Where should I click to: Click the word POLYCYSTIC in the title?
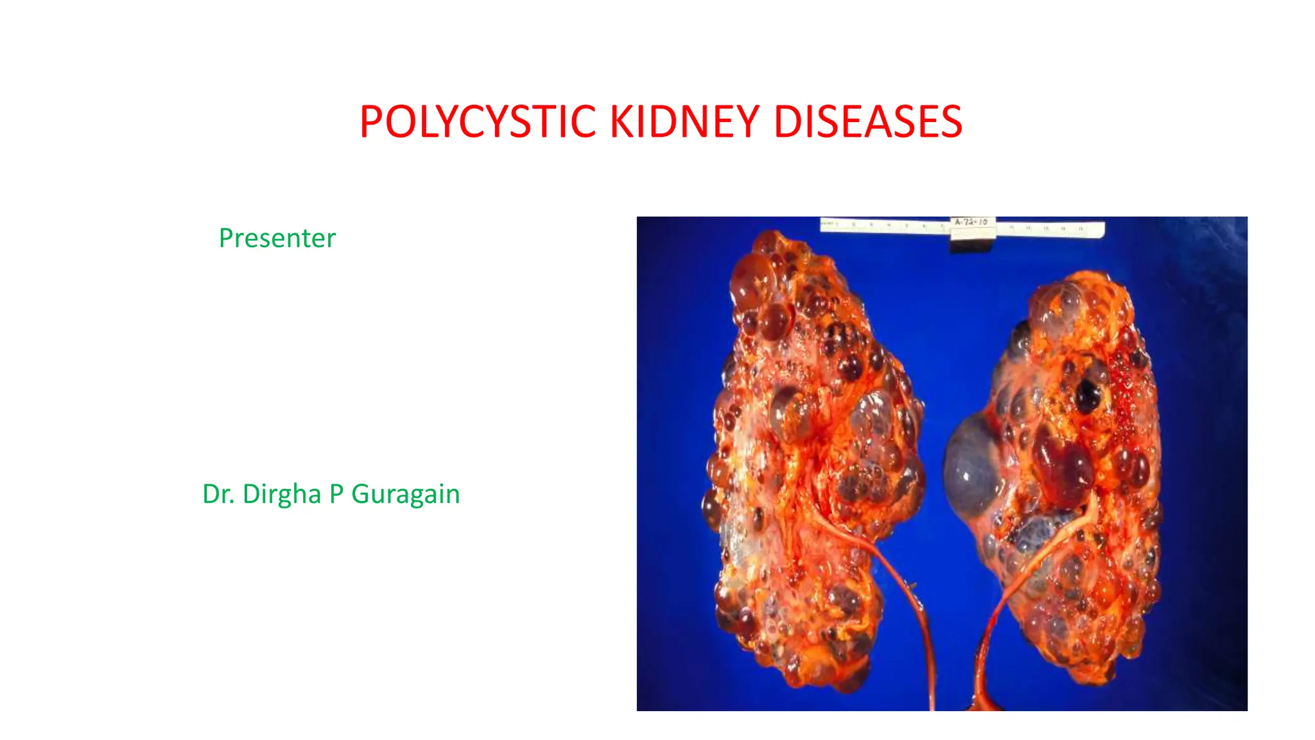point(478,121)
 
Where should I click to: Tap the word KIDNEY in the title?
point(684,121)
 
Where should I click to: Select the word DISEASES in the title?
point(867,121)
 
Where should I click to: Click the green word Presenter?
point(277,238)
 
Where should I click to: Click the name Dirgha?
point(281,494)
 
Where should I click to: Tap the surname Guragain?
point(405,494)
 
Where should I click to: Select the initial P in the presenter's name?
point(336,494)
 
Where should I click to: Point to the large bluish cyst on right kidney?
point(973,466)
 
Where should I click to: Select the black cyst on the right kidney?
point(1087,395)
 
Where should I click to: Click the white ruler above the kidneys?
point(886,225)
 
